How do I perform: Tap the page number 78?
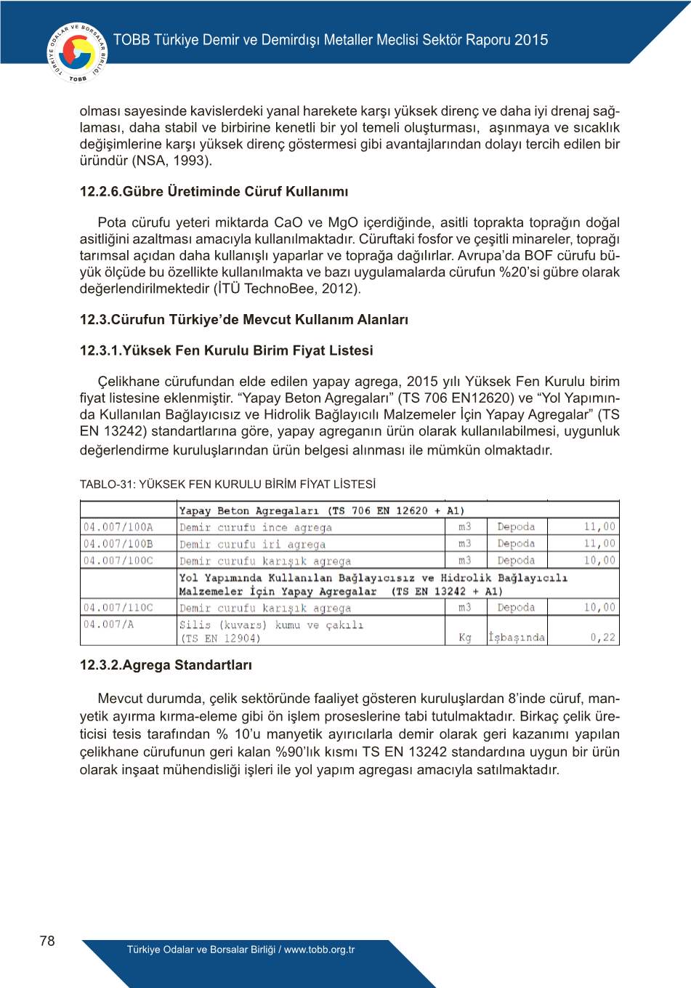[47, 941]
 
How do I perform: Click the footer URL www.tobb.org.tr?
[319, 949]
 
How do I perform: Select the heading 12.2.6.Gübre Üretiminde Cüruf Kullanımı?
[214, 192]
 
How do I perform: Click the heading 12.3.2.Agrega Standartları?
[166, 665]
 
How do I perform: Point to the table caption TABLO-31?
[227, 484]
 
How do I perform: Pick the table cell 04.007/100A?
[118, 527]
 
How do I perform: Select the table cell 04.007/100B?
[118, 544]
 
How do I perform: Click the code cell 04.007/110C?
[118, 608]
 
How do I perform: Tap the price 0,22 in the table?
[602, 638]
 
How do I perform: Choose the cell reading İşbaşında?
[517, 638]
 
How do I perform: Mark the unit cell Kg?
[465, 638]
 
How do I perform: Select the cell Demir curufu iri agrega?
[253, 545]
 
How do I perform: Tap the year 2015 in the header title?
[531, 40]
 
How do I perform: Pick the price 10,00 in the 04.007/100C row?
[599, 561]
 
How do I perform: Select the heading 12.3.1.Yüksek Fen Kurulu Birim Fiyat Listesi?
[226, 350]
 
